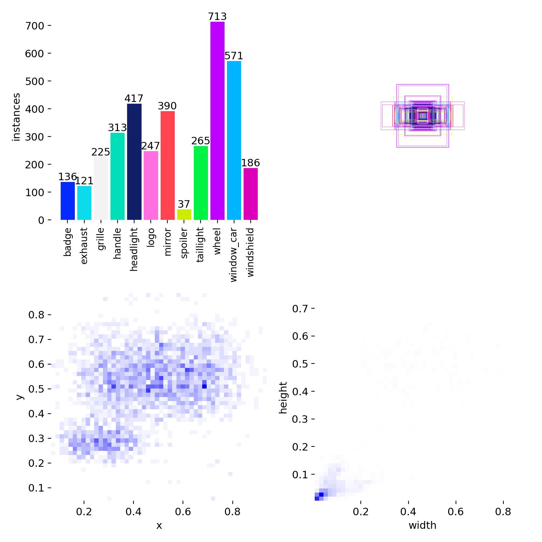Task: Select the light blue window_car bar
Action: (x=234, y=140)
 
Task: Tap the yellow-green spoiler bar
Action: (x=184, y=214)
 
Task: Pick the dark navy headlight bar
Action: (x=134, y=162)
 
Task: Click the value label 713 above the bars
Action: (x=217, y=17)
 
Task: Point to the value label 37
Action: (x=184, y=204)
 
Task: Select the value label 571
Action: (x=234, y=56)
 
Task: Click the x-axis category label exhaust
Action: (x=84, y=246)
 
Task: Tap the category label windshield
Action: (x=250, y=252)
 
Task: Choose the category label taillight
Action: (x=201, y=245)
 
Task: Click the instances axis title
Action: (x=16, y=117)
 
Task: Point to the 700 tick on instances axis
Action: (x=35, y=26)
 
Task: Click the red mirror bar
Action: (x=167, y=165)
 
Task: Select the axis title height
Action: (x=283, y=398)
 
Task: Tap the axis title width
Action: (x=422, y=525)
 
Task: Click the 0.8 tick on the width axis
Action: (x=503, y=512)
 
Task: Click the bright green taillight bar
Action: (x=201, y=183)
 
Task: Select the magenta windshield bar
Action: (x=250, y=194)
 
